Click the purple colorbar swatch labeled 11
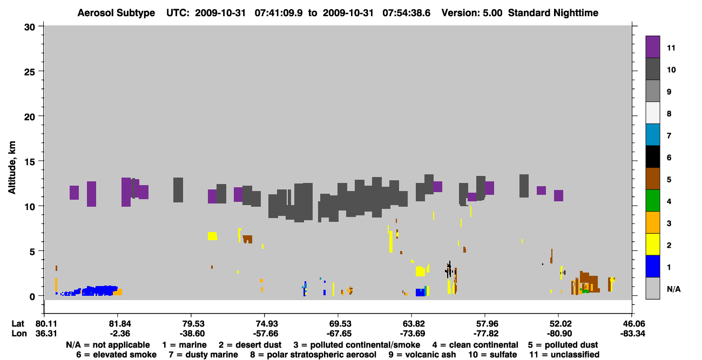(x=652, y=46)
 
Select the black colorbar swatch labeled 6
(x=652, y=157)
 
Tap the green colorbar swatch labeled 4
(x=652, y=201)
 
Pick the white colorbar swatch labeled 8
(x=652, y=113)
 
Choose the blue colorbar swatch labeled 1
(x=652, y=266)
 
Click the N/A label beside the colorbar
(x=673, y=289)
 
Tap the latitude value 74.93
(x=265, y=324)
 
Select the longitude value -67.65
(x=339, y=334)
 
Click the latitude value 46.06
(x=632, y=324)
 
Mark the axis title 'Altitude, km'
(x=12, y=168)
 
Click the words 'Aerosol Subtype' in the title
(x=116, y=13)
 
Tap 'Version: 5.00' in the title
(x=472, y=13)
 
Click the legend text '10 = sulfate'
(x=492, y=355)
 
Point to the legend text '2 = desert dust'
(x=250, y=345)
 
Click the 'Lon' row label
(x=19, y=334)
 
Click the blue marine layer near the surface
(x=94, y=291)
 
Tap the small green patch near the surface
(x=585, y=291)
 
